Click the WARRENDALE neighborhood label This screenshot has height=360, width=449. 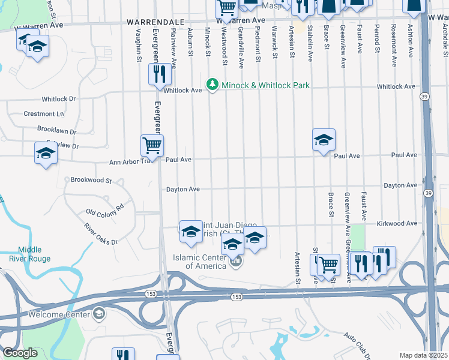(x=150, y=22)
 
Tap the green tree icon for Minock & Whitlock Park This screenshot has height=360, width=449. (x=211, y=85)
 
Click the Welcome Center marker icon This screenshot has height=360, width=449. (x=98, y=314)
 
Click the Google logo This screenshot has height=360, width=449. (x=20, y=352)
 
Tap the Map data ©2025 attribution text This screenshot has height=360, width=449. (x=423, y=355)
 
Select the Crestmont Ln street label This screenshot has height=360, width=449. (x=43, y=114)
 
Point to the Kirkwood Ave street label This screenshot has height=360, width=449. (x=396, y=223)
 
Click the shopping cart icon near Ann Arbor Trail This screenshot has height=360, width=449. (x=152, y=145)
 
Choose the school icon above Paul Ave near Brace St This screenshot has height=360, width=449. (x=324, y=139)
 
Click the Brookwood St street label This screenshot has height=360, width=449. (x=91, y=180)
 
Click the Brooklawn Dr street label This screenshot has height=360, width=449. (x=56, y=131)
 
